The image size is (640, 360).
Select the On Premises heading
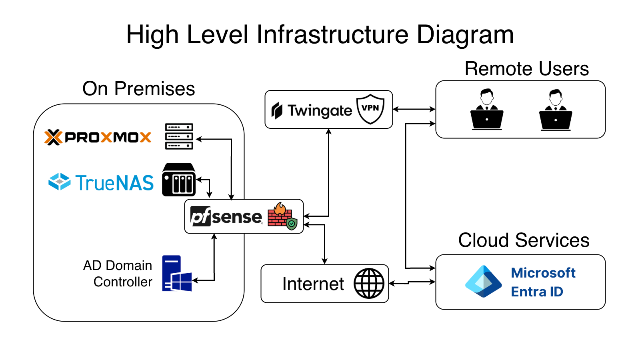[138, 89]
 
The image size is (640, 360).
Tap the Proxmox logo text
[98, 137]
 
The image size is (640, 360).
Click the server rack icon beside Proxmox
[179, 136]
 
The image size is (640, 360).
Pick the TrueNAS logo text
[102, 182]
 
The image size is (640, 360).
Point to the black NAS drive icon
[179, 180]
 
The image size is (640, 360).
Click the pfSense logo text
[226, 216]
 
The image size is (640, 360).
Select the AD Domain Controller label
[118, 274]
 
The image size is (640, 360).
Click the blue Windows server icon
[176, 274]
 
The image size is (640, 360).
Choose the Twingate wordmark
[312, 110]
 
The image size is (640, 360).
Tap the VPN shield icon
[370, 109]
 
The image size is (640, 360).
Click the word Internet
[313, 284]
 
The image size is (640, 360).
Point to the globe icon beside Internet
[369, 283]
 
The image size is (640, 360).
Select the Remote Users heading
[526, 69]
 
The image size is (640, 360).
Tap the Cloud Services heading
[524, 240]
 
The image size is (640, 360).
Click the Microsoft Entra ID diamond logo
[483, 282]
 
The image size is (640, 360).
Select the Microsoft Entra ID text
[543, 282]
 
